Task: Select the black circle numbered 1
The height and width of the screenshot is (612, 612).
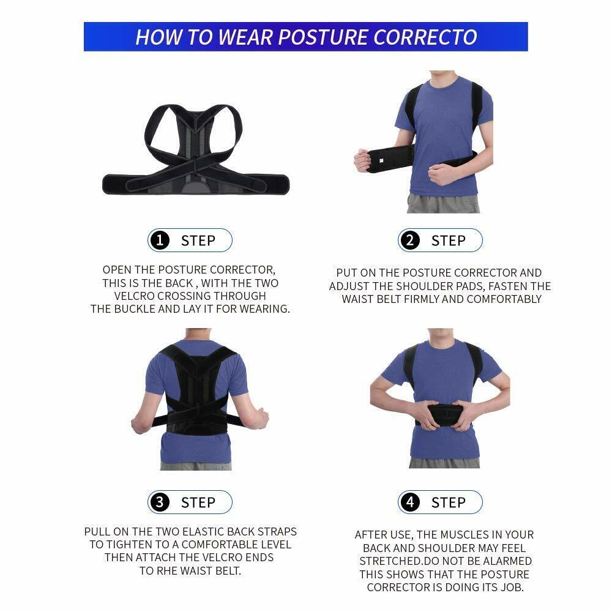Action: (160, 241)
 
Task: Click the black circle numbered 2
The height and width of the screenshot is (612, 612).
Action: (410, 241)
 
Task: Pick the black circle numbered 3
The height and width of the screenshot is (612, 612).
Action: (160, 502)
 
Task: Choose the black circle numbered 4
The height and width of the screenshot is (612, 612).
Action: (410, 502)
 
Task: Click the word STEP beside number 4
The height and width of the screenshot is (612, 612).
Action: (448, 502)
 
